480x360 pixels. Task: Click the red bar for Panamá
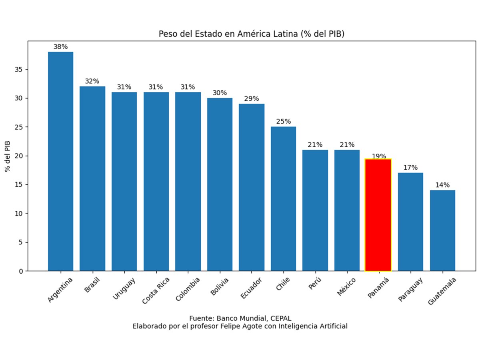pos(378,216)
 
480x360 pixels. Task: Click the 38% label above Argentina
pos(60,47)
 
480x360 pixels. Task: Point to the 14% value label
pos(442,185)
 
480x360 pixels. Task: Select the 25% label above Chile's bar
pos(283,122)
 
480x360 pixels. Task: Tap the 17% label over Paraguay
pos(410,168)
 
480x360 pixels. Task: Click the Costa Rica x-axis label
pos(156,290)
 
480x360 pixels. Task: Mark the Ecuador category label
pos(251,288)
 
